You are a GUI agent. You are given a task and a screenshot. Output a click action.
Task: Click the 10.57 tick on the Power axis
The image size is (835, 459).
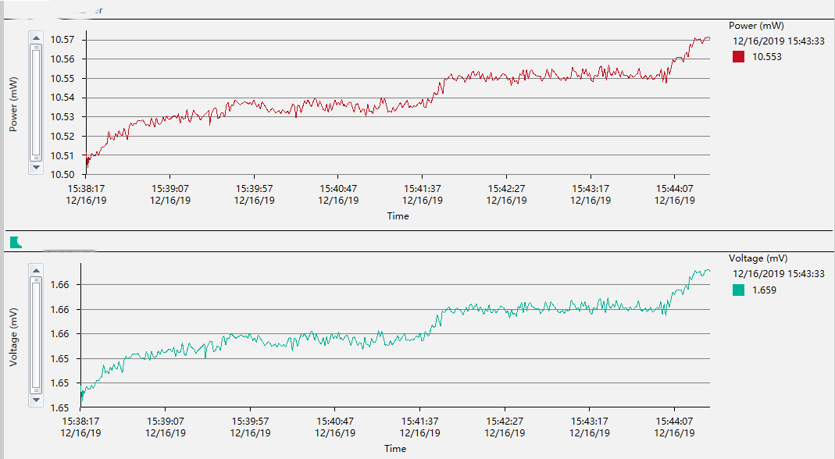62,40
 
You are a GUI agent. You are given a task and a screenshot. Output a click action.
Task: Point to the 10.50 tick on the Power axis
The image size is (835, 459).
62,175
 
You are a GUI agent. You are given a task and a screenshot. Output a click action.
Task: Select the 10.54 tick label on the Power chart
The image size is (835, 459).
62,98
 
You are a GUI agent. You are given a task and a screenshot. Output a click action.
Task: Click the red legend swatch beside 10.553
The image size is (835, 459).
738,56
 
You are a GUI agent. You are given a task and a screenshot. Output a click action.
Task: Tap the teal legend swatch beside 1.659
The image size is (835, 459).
738,290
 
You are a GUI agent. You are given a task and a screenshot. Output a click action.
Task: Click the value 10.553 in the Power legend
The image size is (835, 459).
766,56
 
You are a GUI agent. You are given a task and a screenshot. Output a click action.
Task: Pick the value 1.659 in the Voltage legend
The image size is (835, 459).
764,290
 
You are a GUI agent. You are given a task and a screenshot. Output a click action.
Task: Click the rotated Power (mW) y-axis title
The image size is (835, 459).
13,105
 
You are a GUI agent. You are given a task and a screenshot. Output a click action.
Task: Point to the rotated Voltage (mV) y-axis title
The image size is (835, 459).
13,337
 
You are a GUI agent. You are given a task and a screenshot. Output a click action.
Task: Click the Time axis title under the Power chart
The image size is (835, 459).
398,216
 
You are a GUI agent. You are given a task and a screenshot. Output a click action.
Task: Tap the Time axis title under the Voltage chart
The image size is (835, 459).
395,449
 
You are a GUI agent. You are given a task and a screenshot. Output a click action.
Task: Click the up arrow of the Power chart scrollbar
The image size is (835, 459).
35,37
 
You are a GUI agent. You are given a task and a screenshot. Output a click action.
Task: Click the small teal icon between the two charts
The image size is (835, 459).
15,242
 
